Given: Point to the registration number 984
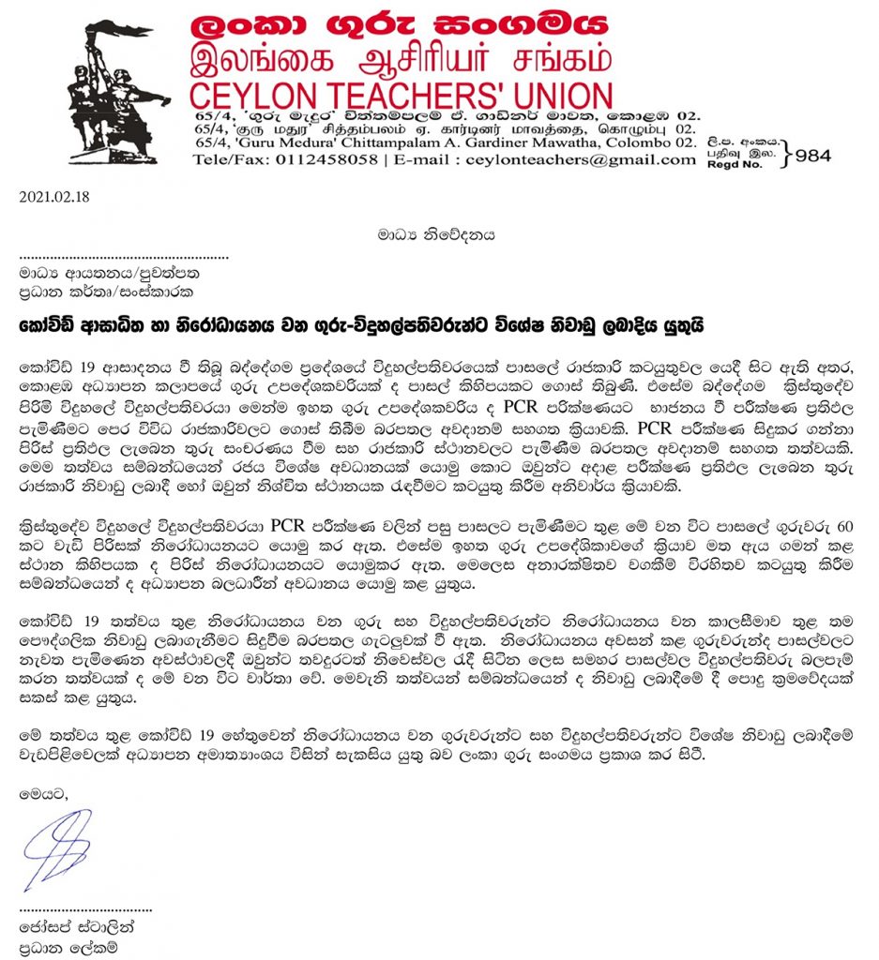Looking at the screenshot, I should [x=812, y=156].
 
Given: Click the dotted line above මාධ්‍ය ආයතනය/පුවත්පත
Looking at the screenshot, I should [x=124, y=256].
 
